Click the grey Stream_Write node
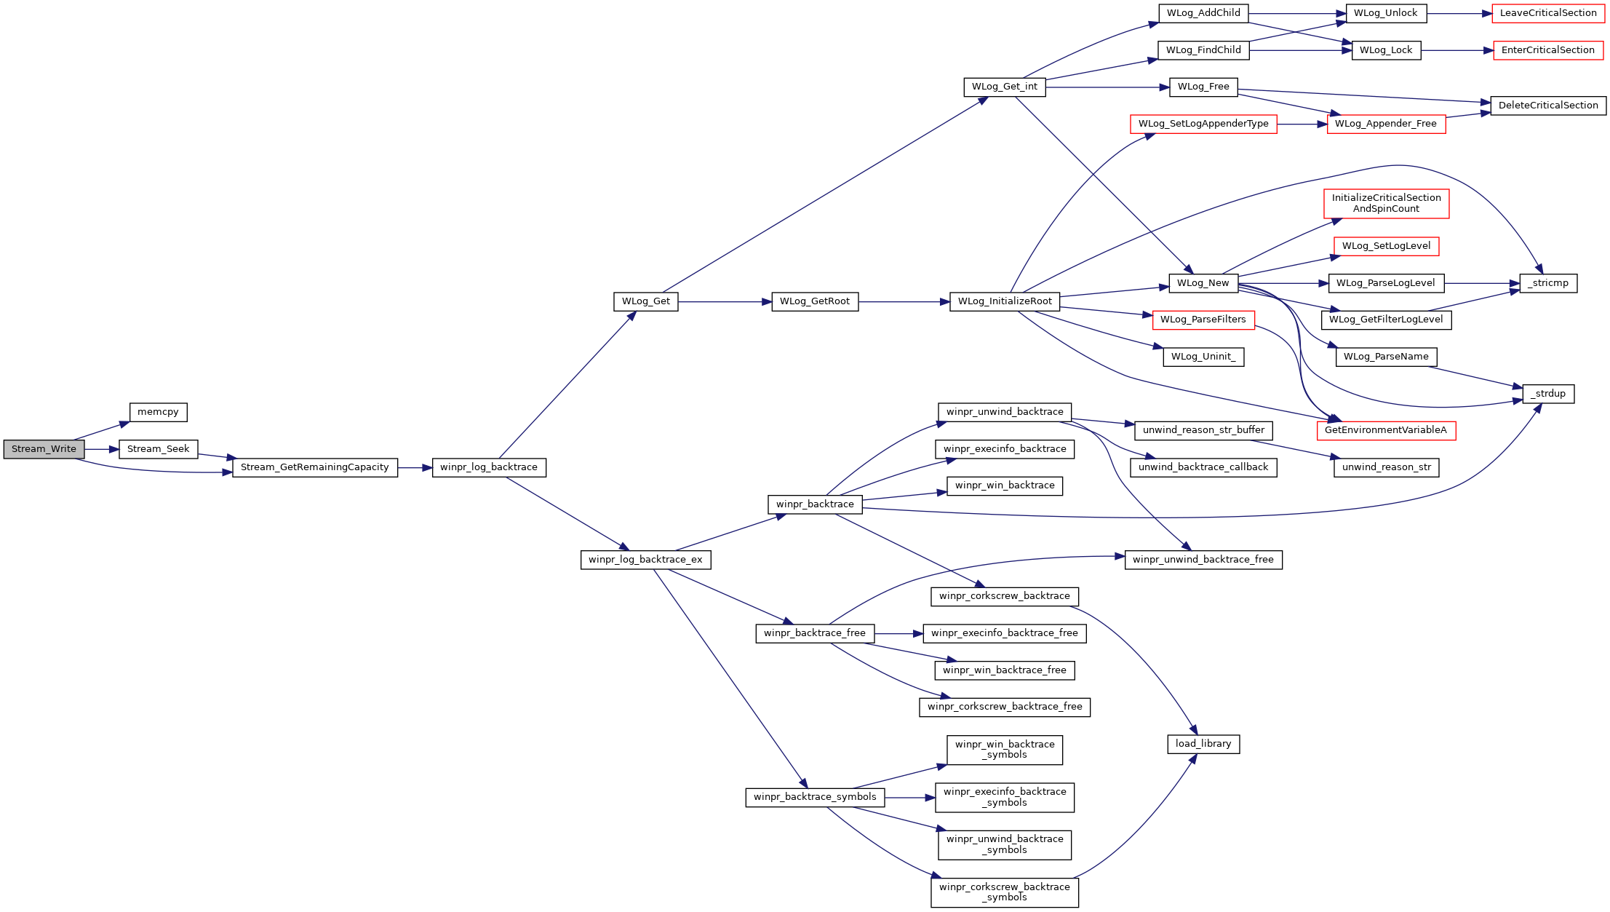pos(44,449)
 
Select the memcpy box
pos(158,412)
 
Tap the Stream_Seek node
pos(158,449)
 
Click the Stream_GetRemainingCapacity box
pos(315,467)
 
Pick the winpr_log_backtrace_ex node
pos(645,560)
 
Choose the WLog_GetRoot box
pos(815,301)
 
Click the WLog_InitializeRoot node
pos(1005,301)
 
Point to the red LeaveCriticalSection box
pos(1548,13)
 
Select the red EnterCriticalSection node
pos(1548,50)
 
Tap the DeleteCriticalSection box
pos(1548,106)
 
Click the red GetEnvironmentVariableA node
pos(1386,430)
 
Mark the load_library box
pos(1203,744)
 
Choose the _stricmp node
pos(1548,283)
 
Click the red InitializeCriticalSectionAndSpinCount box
pos(1387,203)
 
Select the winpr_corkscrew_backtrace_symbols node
pos(1005,892)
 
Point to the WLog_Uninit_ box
pos(1203,357)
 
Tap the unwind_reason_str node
pos(1387,467)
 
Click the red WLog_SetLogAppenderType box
pos(1203,124)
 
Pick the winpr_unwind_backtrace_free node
pos(1203,560)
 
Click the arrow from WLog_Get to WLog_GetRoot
pos(725,301)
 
